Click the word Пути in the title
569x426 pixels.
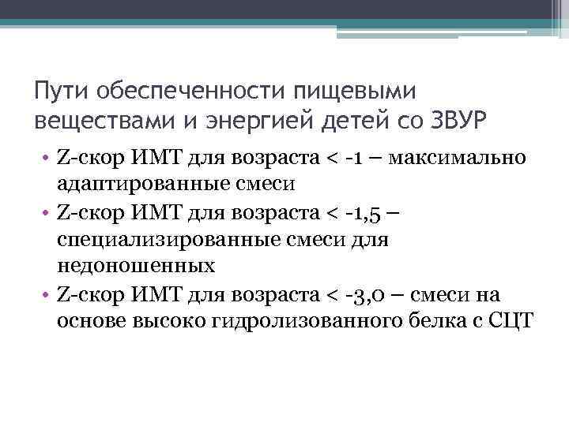click(x=62, y=92)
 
